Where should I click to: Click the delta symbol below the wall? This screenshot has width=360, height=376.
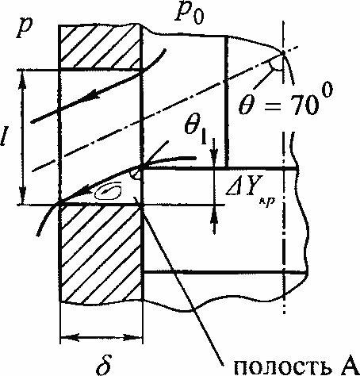pyautogui.click(x=104, y=364)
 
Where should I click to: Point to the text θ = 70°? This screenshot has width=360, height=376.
pyautogui.click(x=285, y=101)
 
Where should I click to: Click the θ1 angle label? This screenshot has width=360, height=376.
pyautogui.click(x=196, y=129)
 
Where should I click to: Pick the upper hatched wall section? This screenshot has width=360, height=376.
pyautogui.click(x=101, y=47)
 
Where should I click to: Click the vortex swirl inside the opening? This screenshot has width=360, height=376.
pyautogui.click(x=109, y=191)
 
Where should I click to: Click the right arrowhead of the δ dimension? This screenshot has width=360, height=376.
pyautogui.click(x=132, y=337)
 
